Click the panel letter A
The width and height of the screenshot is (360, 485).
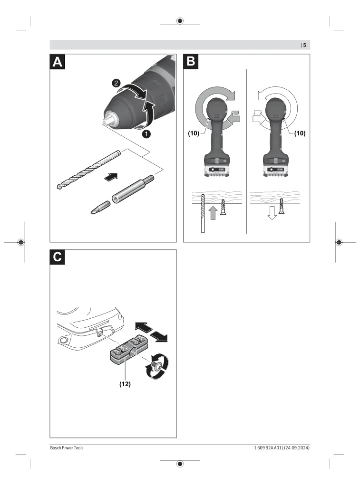tap(57, 62)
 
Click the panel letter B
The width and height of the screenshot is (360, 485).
tap(191, 62)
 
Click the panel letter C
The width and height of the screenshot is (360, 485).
tap(58, 257)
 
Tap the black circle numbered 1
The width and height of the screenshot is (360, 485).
tap(146, 134)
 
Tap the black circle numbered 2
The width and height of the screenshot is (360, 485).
tap(116, 83)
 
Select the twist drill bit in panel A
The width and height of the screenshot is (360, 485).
tap(88, 170)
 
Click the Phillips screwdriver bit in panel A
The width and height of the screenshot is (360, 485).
tap(100, 207)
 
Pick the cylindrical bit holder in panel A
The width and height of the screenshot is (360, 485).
tap(133, 189)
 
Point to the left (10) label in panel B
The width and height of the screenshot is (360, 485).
tap(194, 133)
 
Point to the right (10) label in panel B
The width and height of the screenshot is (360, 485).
tap(300, 133)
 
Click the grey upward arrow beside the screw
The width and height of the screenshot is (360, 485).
tap(213, 212)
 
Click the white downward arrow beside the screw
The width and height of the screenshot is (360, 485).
tap(272, 212)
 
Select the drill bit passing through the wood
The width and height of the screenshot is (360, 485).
tap(203, 213)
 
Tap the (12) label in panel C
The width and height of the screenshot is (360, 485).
tap(125, 384)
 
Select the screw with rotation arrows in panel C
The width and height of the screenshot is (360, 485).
tap(157, 367)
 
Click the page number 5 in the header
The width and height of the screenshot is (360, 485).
tap(304, 45)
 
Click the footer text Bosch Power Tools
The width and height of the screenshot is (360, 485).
tap(67, 447)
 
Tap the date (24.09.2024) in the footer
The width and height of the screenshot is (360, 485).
tap(297, 447)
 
